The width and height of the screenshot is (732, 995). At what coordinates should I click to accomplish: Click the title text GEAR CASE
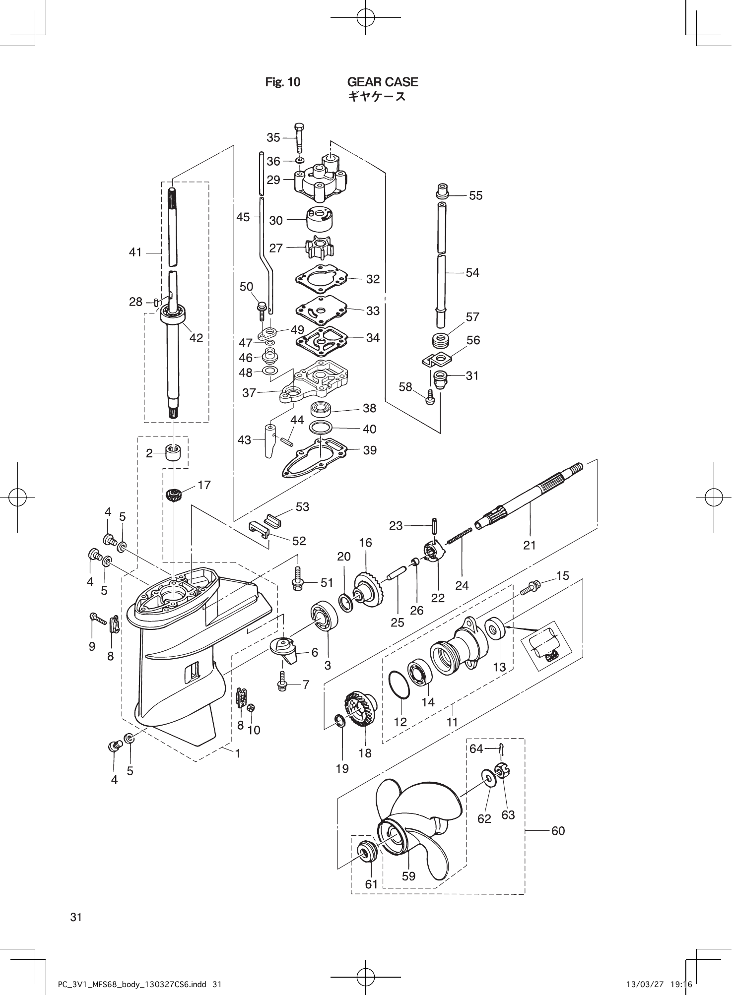pyautogui.click(x=382, y=82)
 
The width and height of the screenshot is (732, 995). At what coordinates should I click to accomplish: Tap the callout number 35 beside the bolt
pyautogui.click(x=273, y=137)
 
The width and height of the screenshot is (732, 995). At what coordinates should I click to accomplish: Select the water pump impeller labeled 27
pyautogui.click(x=319, y=248)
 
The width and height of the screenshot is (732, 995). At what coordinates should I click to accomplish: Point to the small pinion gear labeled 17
pyautogui.click(x=175, y=495)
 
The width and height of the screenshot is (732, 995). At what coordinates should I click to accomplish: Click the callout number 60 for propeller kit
pyautogui.click(x=558, y=830)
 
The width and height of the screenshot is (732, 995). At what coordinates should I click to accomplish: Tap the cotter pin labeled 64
pyautogui.click(x=502, y=748)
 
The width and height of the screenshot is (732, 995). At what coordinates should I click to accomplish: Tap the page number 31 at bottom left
pyautogui.click(x=76, y=917)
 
